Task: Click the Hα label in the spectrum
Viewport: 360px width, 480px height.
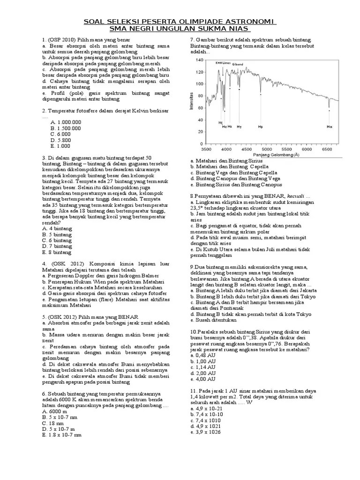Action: click(x=329, y=126)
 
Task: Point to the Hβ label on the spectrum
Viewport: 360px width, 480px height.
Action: click(x=260, y=126)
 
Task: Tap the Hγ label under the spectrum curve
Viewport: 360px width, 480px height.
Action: click(x=239, y=126)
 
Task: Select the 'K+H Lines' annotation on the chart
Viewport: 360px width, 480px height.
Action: click(x=222, y=62)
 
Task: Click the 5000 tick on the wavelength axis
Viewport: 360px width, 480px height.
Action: click(x=266, y=149)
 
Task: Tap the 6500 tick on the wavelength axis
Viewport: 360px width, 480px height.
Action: click(x=328, y=149)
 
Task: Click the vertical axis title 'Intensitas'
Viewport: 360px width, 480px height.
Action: click(x=192, y=102)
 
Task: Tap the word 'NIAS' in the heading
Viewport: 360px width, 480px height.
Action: click(x=240, y=29)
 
